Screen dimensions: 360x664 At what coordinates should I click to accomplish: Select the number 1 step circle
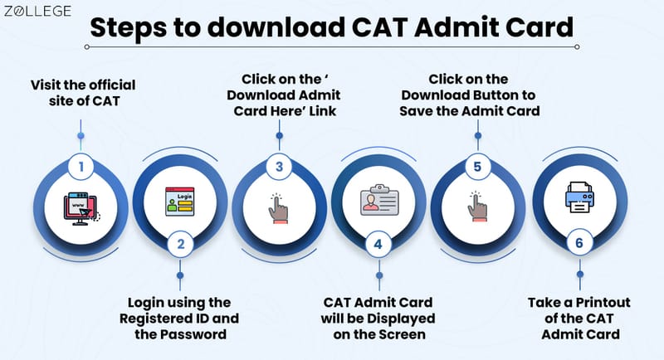[81, 166]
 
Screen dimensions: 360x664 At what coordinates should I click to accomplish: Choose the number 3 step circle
[279, 166]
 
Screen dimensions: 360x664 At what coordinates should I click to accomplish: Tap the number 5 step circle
[476, 166]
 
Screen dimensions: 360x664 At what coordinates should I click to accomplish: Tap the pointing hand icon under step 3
[279, 207]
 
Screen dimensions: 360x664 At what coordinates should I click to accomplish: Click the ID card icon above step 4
[378, 202]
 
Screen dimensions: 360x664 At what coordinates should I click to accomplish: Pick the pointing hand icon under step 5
[476, 207]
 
